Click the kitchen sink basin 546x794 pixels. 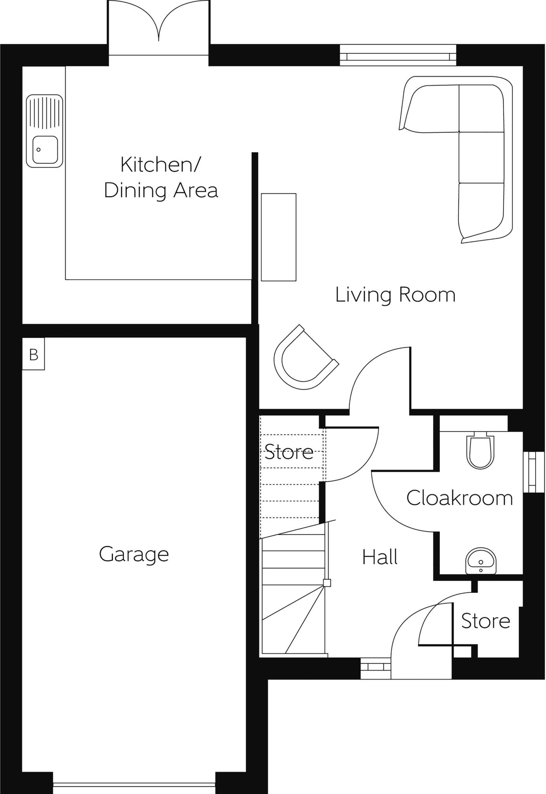coord(45,150)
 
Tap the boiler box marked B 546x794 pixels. coord(33,354)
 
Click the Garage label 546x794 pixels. coord(134,554)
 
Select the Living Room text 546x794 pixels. coord(395,295)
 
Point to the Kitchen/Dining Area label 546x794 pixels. coord(161,177)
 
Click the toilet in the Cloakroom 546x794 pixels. coord(481,452)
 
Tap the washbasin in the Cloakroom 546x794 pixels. coord(481,561)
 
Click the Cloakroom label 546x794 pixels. coord(460,498)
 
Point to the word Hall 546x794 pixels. coord(380,558)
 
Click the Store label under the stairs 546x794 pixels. coord(289,452)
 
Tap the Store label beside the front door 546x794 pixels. coord(485,621)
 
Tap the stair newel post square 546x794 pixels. coord(327,583)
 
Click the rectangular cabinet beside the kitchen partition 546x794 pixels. coord(278,237)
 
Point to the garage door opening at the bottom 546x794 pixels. coord(134,785)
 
